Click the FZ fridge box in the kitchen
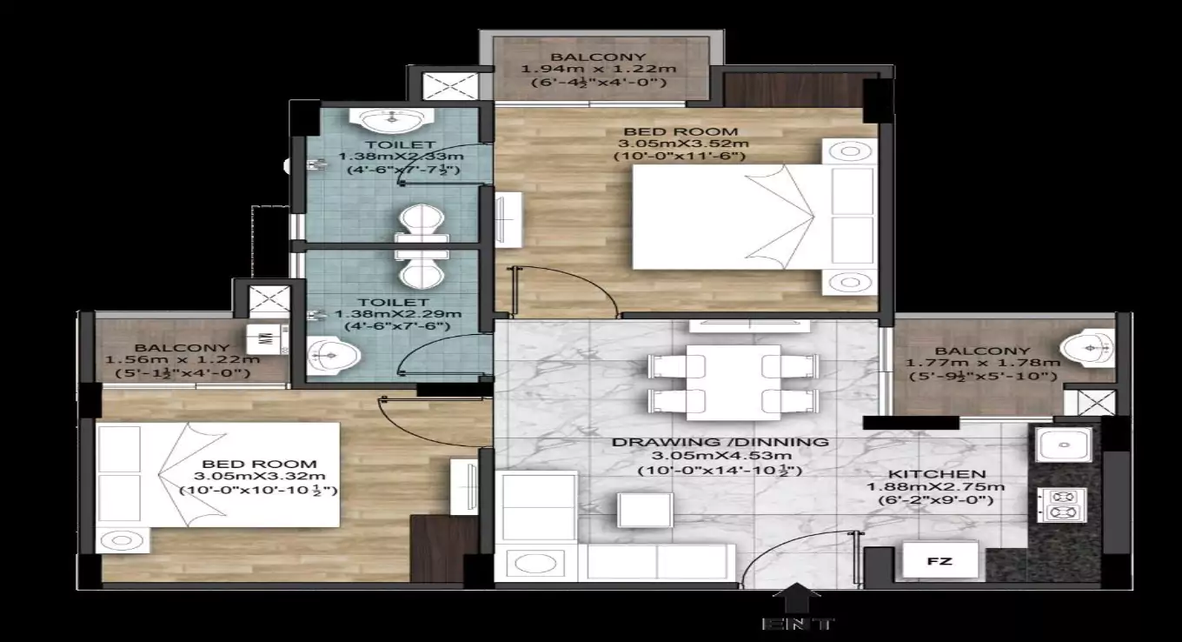pyautogui.click(x=940, y=561)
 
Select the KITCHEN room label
pyautogui.click(x=949, y=473)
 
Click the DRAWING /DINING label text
pyautogui.click(x=719, y=441)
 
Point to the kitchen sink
pyautogui.click(x=1062, y=444)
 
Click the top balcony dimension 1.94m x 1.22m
pyautogui.click(x=598, y=70)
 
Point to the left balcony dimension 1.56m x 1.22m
pyautogui.click(x=183, y=360)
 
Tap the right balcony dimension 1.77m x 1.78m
pyautogui.click(x=982, y=363)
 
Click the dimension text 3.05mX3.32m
pyautogui.click(x=259, y=477)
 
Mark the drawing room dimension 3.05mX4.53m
pyautogui.click(x=719, y=456)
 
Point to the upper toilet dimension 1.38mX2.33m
pyautogui.click(x=401, y=157)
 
